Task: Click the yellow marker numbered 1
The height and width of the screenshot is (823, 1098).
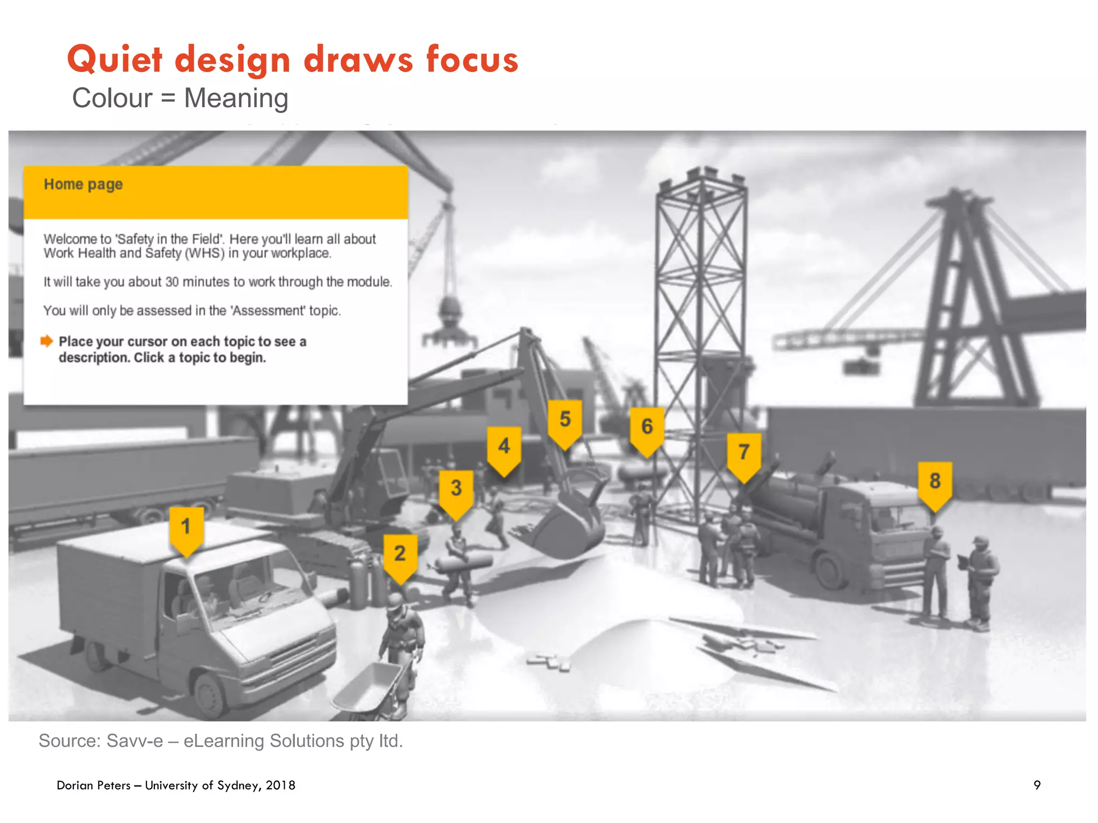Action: pos(186,528)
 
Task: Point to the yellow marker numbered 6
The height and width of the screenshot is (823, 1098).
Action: pos(647,429)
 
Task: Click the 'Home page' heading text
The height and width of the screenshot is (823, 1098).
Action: pos(83,184)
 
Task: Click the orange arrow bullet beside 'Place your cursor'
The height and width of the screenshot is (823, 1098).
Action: pos(47,341)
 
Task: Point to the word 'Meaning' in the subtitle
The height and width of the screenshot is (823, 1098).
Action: pos(236,99)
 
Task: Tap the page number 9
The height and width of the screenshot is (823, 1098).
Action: pos(1037,785)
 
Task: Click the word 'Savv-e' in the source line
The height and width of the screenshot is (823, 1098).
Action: pos(135,741)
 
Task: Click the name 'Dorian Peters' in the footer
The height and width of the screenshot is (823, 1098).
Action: pos(94,785)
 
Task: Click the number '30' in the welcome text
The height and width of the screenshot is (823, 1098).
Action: pos(172,282)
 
